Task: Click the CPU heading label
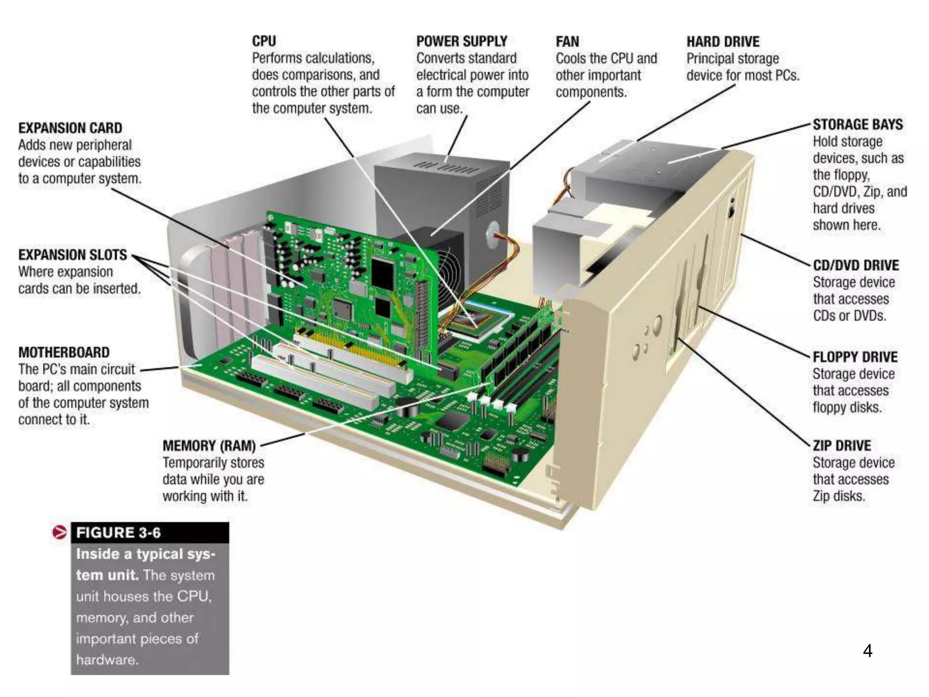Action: [264, 41]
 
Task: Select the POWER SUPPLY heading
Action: [461, 41]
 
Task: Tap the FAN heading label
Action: [567, 42]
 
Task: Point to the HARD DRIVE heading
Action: [723, 42]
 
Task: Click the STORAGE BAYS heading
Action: [857, 124]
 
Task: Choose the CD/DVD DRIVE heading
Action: [856, 265]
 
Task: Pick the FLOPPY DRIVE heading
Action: [855, 357]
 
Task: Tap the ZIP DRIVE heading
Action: [841, 446]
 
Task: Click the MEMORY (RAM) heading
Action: [209, 446]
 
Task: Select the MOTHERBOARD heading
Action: [64, 353]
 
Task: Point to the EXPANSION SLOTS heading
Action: [73, 255]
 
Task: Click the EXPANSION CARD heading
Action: [70, 128]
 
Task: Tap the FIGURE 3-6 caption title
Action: [118, 533]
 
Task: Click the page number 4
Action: [867, 651]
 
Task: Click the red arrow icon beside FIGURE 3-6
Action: [59, 532]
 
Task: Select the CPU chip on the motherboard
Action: [474, 320]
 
